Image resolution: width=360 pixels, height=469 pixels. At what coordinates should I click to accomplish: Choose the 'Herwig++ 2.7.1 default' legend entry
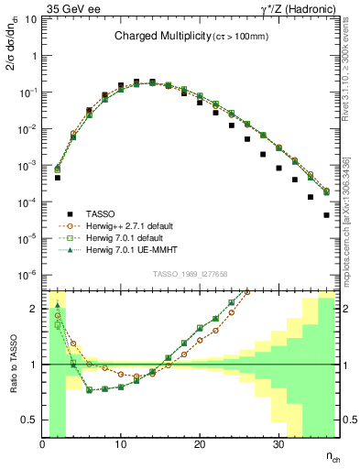[x=134, y=225]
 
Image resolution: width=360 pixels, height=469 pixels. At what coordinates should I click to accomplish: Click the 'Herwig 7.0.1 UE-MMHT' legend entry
[x=135, y=252]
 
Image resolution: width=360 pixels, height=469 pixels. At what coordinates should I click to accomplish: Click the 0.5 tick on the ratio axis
[x=30, y=420]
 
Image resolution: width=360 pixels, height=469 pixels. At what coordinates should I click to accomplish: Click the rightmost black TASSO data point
[x=326, y=215]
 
